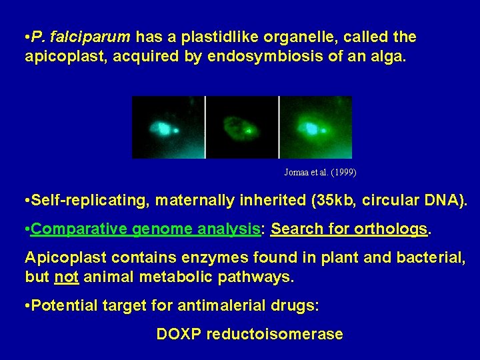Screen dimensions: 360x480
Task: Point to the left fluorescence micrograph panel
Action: point(167,127)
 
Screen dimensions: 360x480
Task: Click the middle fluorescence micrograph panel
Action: point(241,127)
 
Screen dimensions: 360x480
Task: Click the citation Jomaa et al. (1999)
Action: point(320,173)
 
